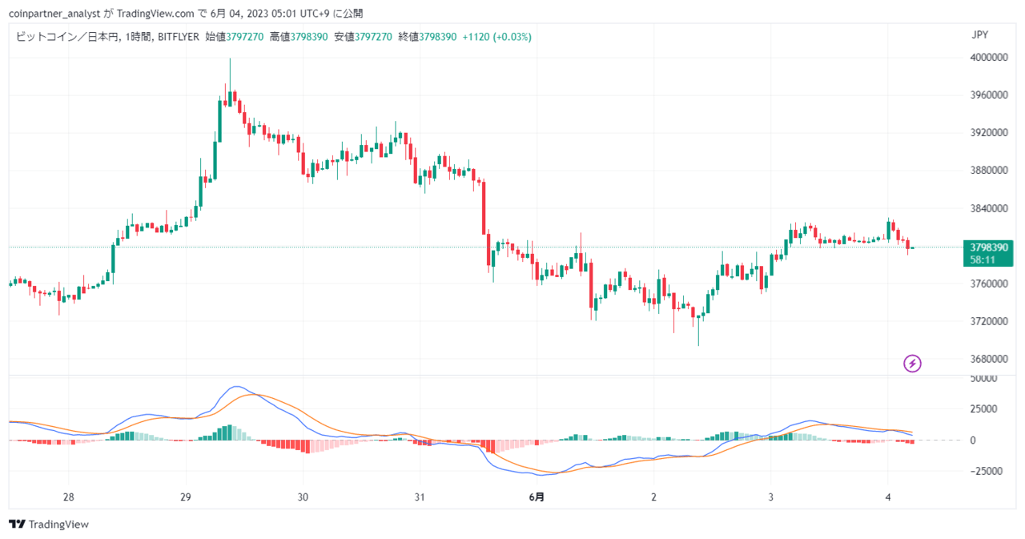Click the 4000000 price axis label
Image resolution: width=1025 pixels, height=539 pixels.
click(x=989, y=58)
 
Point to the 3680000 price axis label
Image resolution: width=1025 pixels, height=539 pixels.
click(x=989, y=359)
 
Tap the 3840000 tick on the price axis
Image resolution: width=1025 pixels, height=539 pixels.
click(x=989, y=209)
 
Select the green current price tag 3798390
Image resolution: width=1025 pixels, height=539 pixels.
click(x=989, y=247)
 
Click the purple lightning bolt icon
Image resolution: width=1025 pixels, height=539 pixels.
click(x=912, y=364)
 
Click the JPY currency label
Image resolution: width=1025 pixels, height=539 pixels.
click(x=979, y=35)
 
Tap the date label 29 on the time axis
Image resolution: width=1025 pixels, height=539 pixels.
click(x=185, y=497)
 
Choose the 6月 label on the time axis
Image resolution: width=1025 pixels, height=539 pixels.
click(x=537, y=497)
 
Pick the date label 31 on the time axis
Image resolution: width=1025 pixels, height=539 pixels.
click(x=420, y=497)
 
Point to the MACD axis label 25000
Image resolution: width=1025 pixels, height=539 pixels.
click(x=983, y=409)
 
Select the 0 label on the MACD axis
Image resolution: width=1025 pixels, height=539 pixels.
click(x=973, y=440)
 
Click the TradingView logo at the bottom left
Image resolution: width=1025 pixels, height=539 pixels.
click(x=49, y=525)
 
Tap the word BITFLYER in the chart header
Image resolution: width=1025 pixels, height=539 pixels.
click(x=179, y=37)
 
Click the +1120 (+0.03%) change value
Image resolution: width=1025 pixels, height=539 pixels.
click(x=497, y=37)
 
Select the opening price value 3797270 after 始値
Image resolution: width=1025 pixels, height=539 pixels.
click(x=245, y=37)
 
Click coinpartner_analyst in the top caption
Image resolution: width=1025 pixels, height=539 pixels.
click(x=54, y=14)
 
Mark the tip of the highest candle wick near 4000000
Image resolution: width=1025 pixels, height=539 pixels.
click(x=230, y=58)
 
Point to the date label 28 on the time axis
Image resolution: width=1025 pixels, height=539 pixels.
click(x=68, y=497)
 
